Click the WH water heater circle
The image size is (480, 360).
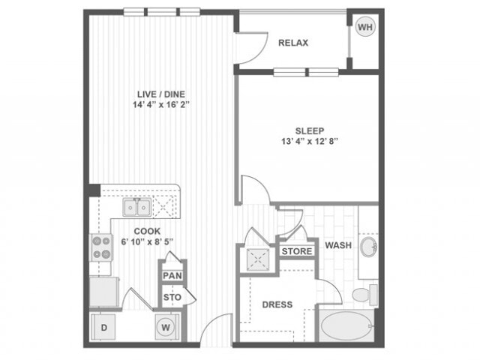[365, 27]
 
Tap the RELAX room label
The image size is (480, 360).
[293, 43]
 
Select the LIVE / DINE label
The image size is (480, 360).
[157, 94]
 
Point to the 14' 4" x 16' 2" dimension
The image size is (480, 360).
[157, 105]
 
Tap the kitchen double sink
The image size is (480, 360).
[137, 206]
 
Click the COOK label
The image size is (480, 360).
[147, 231]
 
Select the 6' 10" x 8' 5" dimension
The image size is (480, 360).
[147, 241]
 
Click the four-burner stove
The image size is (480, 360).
[100, 247]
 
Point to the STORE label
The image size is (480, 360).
[297, 250]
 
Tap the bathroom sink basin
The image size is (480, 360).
[368, 247]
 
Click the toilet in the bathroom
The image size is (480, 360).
[363, 295]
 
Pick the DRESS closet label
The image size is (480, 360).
[277, 304]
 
